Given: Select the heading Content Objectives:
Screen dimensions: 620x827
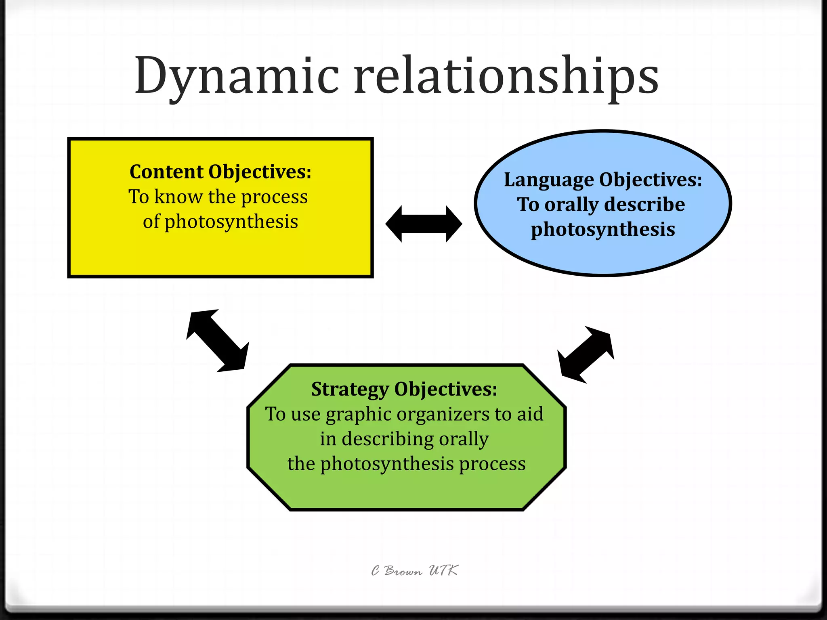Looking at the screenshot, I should [220, 172].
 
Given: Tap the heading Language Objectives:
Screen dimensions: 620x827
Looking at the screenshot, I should [603, 180].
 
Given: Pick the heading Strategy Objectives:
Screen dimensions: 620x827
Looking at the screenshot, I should [404, 390].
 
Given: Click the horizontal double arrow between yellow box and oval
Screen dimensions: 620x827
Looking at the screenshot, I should [424, 224].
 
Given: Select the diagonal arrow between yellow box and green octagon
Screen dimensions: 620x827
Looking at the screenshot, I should [218, 340].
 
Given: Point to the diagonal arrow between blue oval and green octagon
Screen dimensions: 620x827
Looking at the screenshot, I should [586, 354].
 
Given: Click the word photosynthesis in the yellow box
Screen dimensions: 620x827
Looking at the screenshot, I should [231, 222].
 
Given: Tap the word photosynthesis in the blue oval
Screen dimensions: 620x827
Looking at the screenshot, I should [603, 230].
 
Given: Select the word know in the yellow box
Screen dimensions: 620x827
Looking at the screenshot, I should [178, 197].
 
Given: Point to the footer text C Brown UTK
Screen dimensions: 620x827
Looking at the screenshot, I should [414, 571].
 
